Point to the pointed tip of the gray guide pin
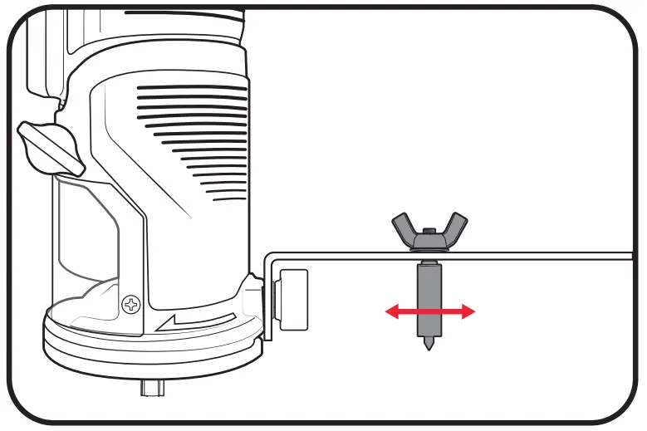pos(429,344)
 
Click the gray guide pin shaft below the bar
pos(429,291)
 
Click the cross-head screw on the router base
pos(130,305)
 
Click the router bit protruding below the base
pos(153,387)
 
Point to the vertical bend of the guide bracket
pos(268,291)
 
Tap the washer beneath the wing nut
pos(429,248)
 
